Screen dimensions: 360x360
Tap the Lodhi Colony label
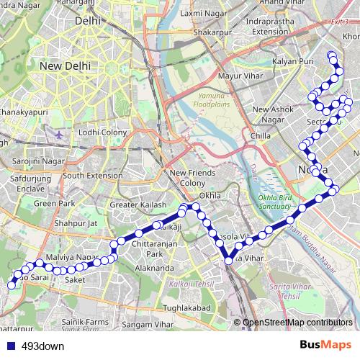click(103, 132)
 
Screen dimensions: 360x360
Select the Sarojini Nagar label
click(34, 161)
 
